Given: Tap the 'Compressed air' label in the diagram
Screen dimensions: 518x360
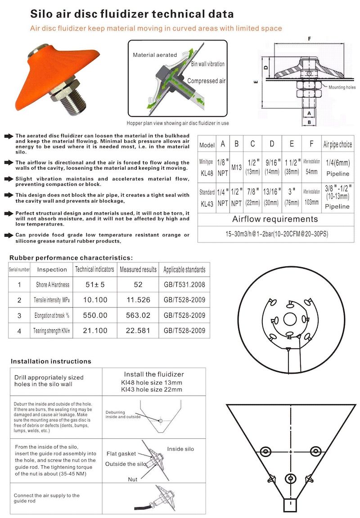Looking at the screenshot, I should click(206, 81).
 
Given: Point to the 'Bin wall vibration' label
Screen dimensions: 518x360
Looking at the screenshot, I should click(207, 64).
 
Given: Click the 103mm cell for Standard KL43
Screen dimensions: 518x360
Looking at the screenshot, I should click(312, 202).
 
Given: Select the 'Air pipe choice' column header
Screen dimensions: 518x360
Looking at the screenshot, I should click(337, 144).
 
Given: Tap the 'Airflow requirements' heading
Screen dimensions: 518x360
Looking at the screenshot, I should click(275, 220).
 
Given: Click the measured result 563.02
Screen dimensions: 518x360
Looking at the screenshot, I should click(138, 315).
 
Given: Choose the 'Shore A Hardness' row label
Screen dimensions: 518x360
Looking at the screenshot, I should click(52, 284).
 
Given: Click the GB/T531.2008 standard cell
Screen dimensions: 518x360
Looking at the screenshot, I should click(184, 284).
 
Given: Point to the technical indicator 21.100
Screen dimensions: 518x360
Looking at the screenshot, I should click(95, 331).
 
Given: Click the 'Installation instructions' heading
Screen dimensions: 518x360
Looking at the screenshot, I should click(51, 361).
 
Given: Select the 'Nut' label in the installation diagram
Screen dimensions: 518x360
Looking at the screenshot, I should click(132, 479).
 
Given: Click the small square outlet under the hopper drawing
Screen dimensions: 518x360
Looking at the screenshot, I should click(291, 505).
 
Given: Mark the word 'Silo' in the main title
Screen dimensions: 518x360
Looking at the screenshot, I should click(42, 14).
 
